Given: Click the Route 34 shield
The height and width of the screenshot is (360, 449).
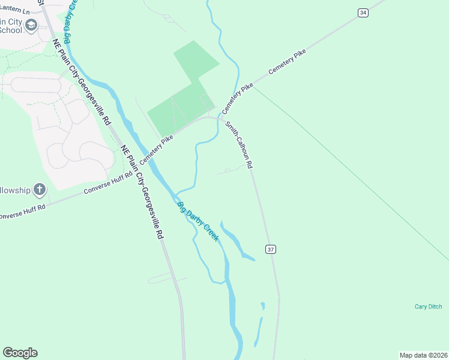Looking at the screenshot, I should click(362, 13).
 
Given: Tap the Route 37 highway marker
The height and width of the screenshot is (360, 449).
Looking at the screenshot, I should click(271, 249).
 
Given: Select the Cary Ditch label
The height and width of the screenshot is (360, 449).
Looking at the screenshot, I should click(428, 307).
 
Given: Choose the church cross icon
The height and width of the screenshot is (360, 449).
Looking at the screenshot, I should click(40, 190).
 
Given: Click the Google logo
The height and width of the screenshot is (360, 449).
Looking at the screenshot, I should click(20, 353).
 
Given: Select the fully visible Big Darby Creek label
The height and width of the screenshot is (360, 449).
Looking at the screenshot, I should click(197, 222).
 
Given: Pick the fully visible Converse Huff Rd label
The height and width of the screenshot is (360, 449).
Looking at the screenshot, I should click(107, 184).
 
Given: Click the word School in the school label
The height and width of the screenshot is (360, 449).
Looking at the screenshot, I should click(10, 30).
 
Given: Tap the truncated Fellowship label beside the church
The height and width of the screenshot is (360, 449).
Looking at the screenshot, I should click(14, 190).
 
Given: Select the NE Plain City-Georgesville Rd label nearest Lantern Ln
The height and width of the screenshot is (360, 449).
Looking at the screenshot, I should click(82, 82).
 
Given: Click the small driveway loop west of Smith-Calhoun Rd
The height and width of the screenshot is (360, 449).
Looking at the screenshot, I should click(228, 171).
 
